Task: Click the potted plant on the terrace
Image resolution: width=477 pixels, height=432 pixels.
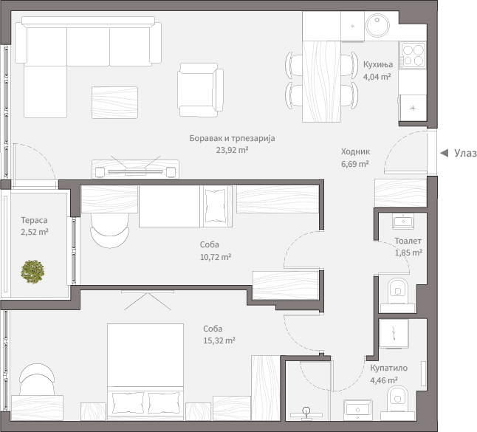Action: [x=32, y=272]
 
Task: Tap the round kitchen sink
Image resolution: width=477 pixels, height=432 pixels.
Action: [x=377, y=25]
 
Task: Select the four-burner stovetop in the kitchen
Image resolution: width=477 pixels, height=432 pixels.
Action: [x=413, y=55]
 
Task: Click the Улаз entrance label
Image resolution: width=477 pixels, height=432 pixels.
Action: [x=465, y=153]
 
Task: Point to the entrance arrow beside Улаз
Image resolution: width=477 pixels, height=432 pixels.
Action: [x=445, y=153]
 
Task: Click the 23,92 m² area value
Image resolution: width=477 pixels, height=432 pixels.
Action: [x=232, y=150]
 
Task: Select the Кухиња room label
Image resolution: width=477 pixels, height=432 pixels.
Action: [x=378, y=64]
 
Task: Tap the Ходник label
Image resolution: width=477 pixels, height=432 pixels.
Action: [x=355, y=151]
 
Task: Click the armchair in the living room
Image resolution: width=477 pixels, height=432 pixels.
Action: [x=201, y=90]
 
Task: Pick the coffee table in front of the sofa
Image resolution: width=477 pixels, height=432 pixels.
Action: [x=114, y=102]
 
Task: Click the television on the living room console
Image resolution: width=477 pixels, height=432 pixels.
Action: [x=135, y=171]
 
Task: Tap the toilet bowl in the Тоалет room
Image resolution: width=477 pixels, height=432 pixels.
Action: [x=397, y=291]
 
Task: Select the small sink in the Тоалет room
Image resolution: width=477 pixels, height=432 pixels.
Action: [x=402, y=221]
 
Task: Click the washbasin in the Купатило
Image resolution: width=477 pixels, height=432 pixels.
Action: [x=357, y=408]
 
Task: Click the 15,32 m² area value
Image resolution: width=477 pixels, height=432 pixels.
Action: [x=219, y=340]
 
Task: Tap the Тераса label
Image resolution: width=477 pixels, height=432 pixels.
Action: [x=34, y=220]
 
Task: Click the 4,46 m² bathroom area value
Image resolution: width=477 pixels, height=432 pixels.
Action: [x=384, y=380]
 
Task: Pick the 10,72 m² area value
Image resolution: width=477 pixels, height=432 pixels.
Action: [x=216, y=257]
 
